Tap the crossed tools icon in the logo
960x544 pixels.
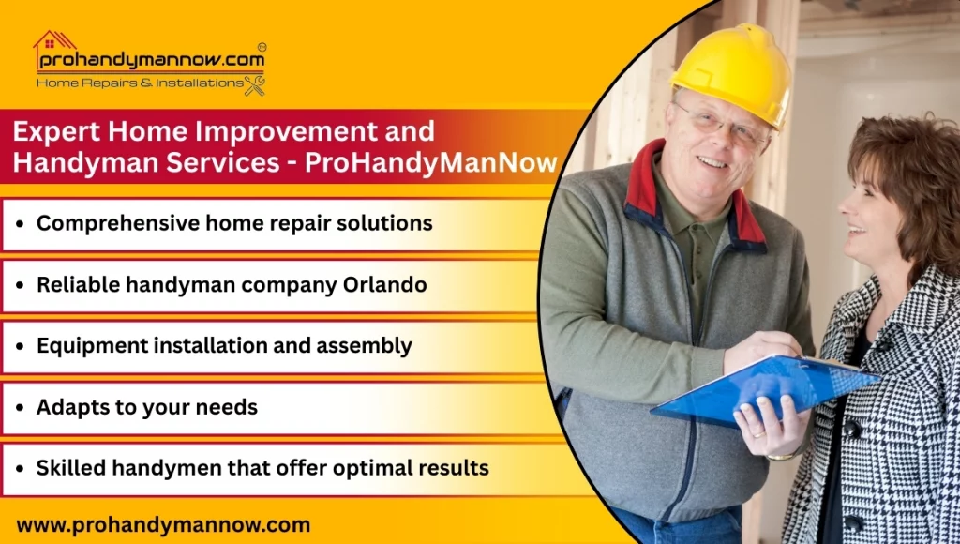click(254, 85)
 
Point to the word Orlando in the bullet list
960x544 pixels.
click(386, 285)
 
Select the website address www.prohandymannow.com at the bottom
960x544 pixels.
click(163, 524)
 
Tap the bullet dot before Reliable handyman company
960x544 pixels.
click(21, 286)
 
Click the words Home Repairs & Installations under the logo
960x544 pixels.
click(139, 83)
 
